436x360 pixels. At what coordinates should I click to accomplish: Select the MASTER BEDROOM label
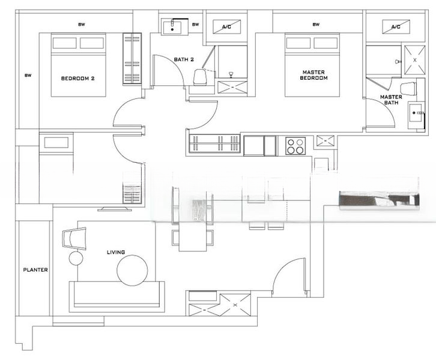pyautogui.click(x=315, y=75)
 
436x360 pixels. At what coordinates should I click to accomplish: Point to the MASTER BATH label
pyautogui.click(x=391, y=100)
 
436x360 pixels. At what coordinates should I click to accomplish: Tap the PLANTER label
pyautogui.click(x=35, y=270)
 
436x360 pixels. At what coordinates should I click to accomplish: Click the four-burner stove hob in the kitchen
pyautogui.click(x=295, y=146)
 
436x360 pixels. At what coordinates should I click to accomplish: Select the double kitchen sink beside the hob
pyautogui.click(x=260, y=145)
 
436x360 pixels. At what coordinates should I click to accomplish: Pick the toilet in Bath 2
pyautogui.click(x=202, y=77)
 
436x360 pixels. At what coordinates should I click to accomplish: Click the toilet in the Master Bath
pyautogui.click(x=408, y=88)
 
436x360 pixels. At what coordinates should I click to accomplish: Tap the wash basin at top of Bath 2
pyautogui.click(x=174, y=27)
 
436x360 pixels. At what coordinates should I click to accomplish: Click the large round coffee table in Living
pyautogui.click(x=132, y=271)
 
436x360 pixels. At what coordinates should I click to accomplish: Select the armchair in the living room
pyautogui.click(x=74, y=237)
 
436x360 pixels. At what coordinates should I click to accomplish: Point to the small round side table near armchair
pyautogui.click(x=76, y=259)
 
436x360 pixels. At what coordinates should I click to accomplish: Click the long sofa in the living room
pyautogui.click(x=117, y=295)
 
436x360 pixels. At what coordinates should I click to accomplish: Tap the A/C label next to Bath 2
pyautogui.click(x=226, y=27)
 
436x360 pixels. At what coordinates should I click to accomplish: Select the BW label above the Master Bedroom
pyautogui.click(x=316, y=25)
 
